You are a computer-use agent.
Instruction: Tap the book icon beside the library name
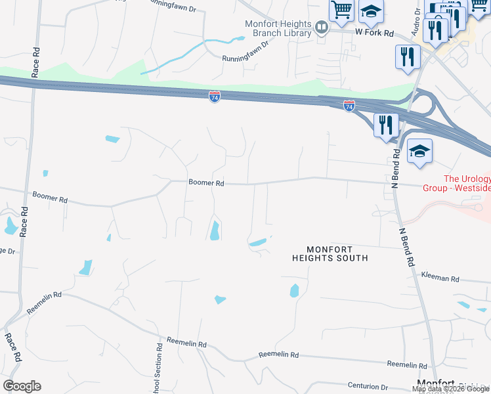(322, 28)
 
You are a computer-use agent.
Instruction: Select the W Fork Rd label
(374, 32)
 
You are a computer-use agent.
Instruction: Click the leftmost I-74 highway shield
(215, 97)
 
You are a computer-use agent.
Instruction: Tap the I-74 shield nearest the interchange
(349, 105)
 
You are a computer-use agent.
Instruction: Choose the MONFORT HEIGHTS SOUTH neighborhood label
(330, 253)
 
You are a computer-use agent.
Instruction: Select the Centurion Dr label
(368, 387)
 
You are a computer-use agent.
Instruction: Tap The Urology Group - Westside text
(467, 183)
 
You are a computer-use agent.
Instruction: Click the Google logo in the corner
(22, 386)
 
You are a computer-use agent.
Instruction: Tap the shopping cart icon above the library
(342, 9)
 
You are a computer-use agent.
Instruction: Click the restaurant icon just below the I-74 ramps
(386, 123)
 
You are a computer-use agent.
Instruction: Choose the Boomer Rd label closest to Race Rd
(50, 197)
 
